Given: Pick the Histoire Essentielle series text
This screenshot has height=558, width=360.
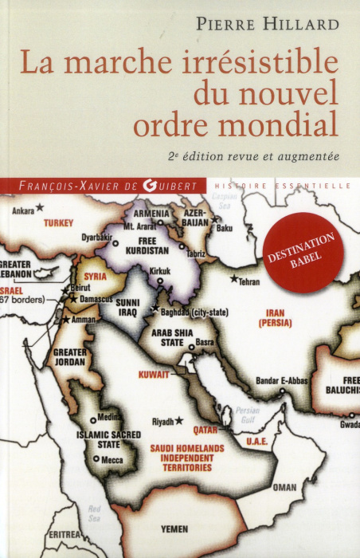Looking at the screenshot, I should coord(283,185).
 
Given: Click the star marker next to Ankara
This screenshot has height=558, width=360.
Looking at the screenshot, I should coord(39,208).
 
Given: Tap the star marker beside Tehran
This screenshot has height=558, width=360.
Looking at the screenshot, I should coord(233,279).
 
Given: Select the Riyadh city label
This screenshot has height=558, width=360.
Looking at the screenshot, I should coord(162,421).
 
